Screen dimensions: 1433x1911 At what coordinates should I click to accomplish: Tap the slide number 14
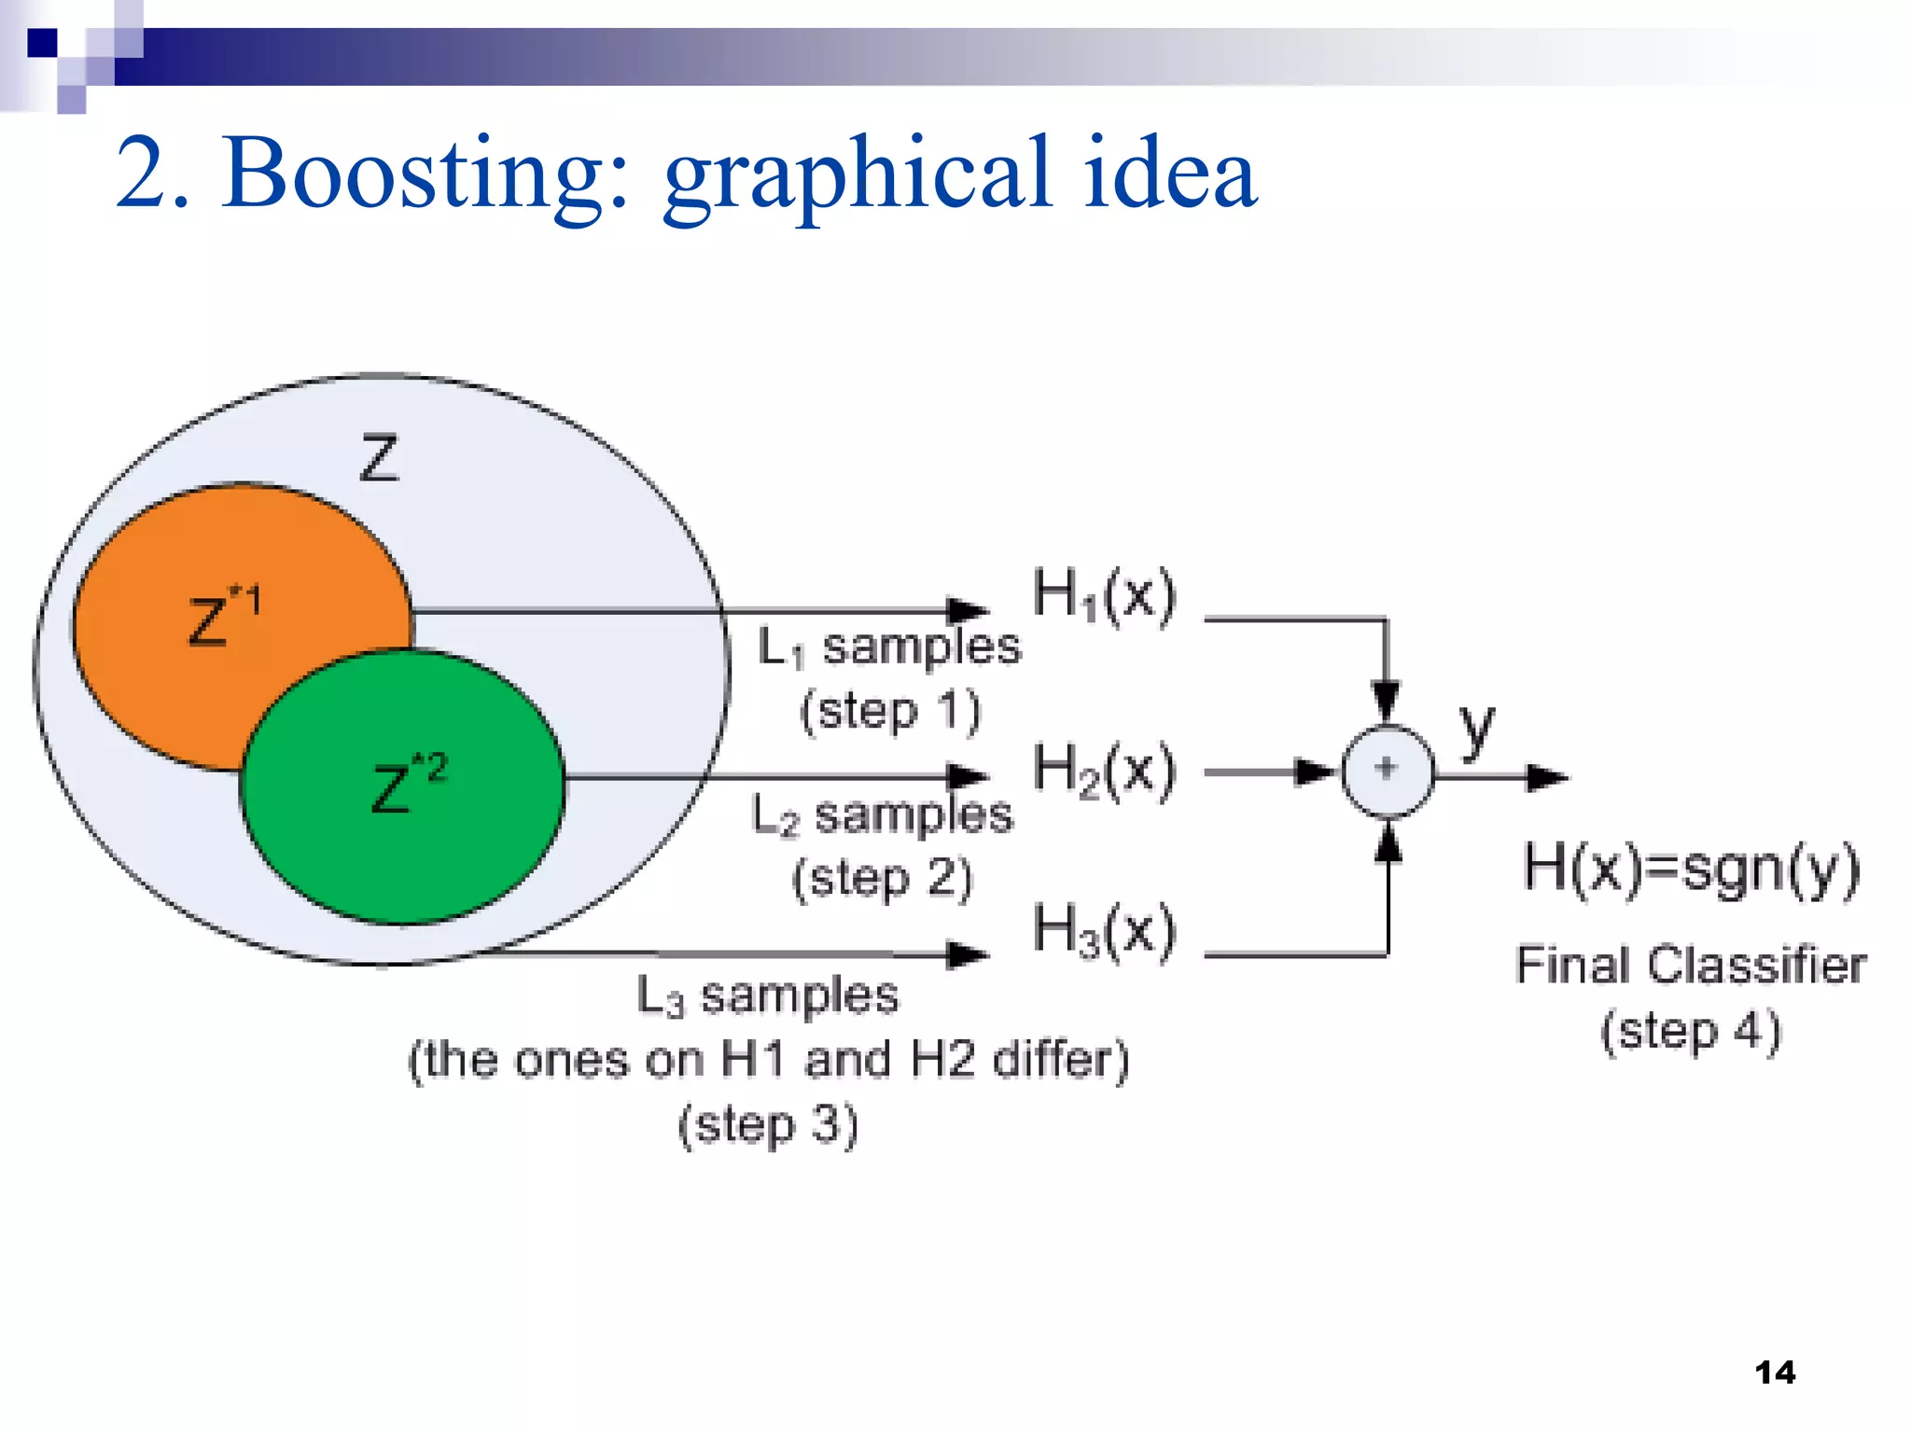point(1774,1372)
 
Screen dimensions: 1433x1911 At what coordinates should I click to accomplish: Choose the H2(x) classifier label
point(1104,771)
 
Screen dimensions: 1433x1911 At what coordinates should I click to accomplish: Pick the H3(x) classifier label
point(1104,930)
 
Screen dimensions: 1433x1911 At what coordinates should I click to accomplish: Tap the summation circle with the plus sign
point(1388,770)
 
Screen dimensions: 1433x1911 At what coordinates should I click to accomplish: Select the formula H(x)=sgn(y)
point(1691,869)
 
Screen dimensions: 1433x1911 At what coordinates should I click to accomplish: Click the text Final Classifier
point(1690,965)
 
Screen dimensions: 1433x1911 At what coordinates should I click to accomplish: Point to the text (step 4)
point(1691,1031)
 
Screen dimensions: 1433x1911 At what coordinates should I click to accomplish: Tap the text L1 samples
point(889,647)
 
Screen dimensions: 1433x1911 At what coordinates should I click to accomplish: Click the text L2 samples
point(882,815)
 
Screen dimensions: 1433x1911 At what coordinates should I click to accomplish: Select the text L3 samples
point(767,995)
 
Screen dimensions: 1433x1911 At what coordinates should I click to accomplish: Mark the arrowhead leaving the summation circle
point(1546,776)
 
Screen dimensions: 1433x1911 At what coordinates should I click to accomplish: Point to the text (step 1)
point(889,711)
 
